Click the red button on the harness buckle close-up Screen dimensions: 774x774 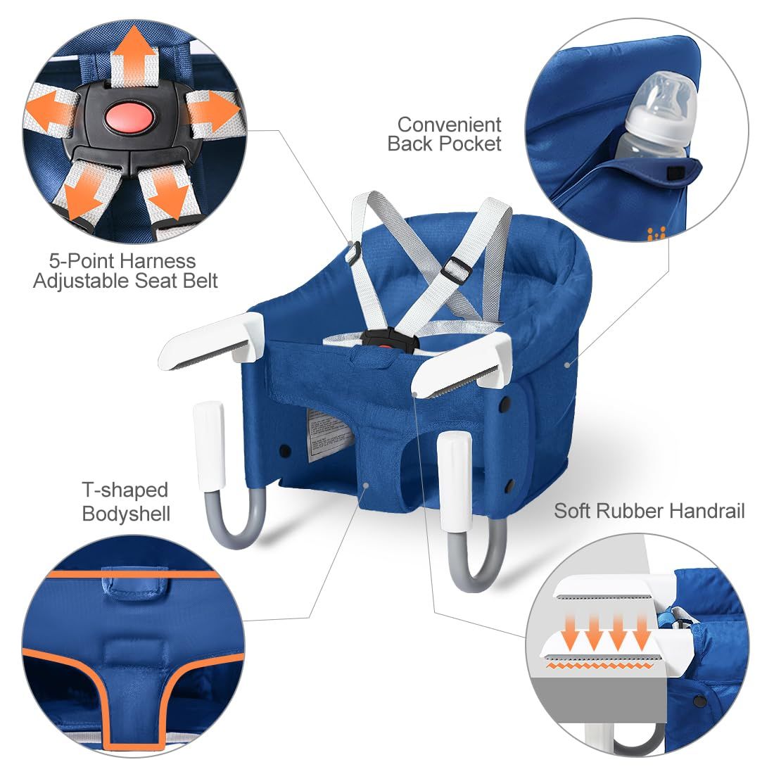tap(130, 118)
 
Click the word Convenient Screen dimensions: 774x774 tap(449, 125)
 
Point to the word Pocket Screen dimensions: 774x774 tap(470, 144)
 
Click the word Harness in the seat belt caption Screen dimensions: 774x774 tap(157, 260)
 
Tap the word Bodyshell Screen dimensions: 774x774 tap(127, 514)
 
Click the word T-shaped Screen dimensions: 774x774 tap(125, 490)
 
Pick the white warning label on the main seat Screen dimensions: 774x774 tap(327, 433)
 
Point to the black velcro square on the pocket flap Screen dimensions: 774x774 tap(675, 173)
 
